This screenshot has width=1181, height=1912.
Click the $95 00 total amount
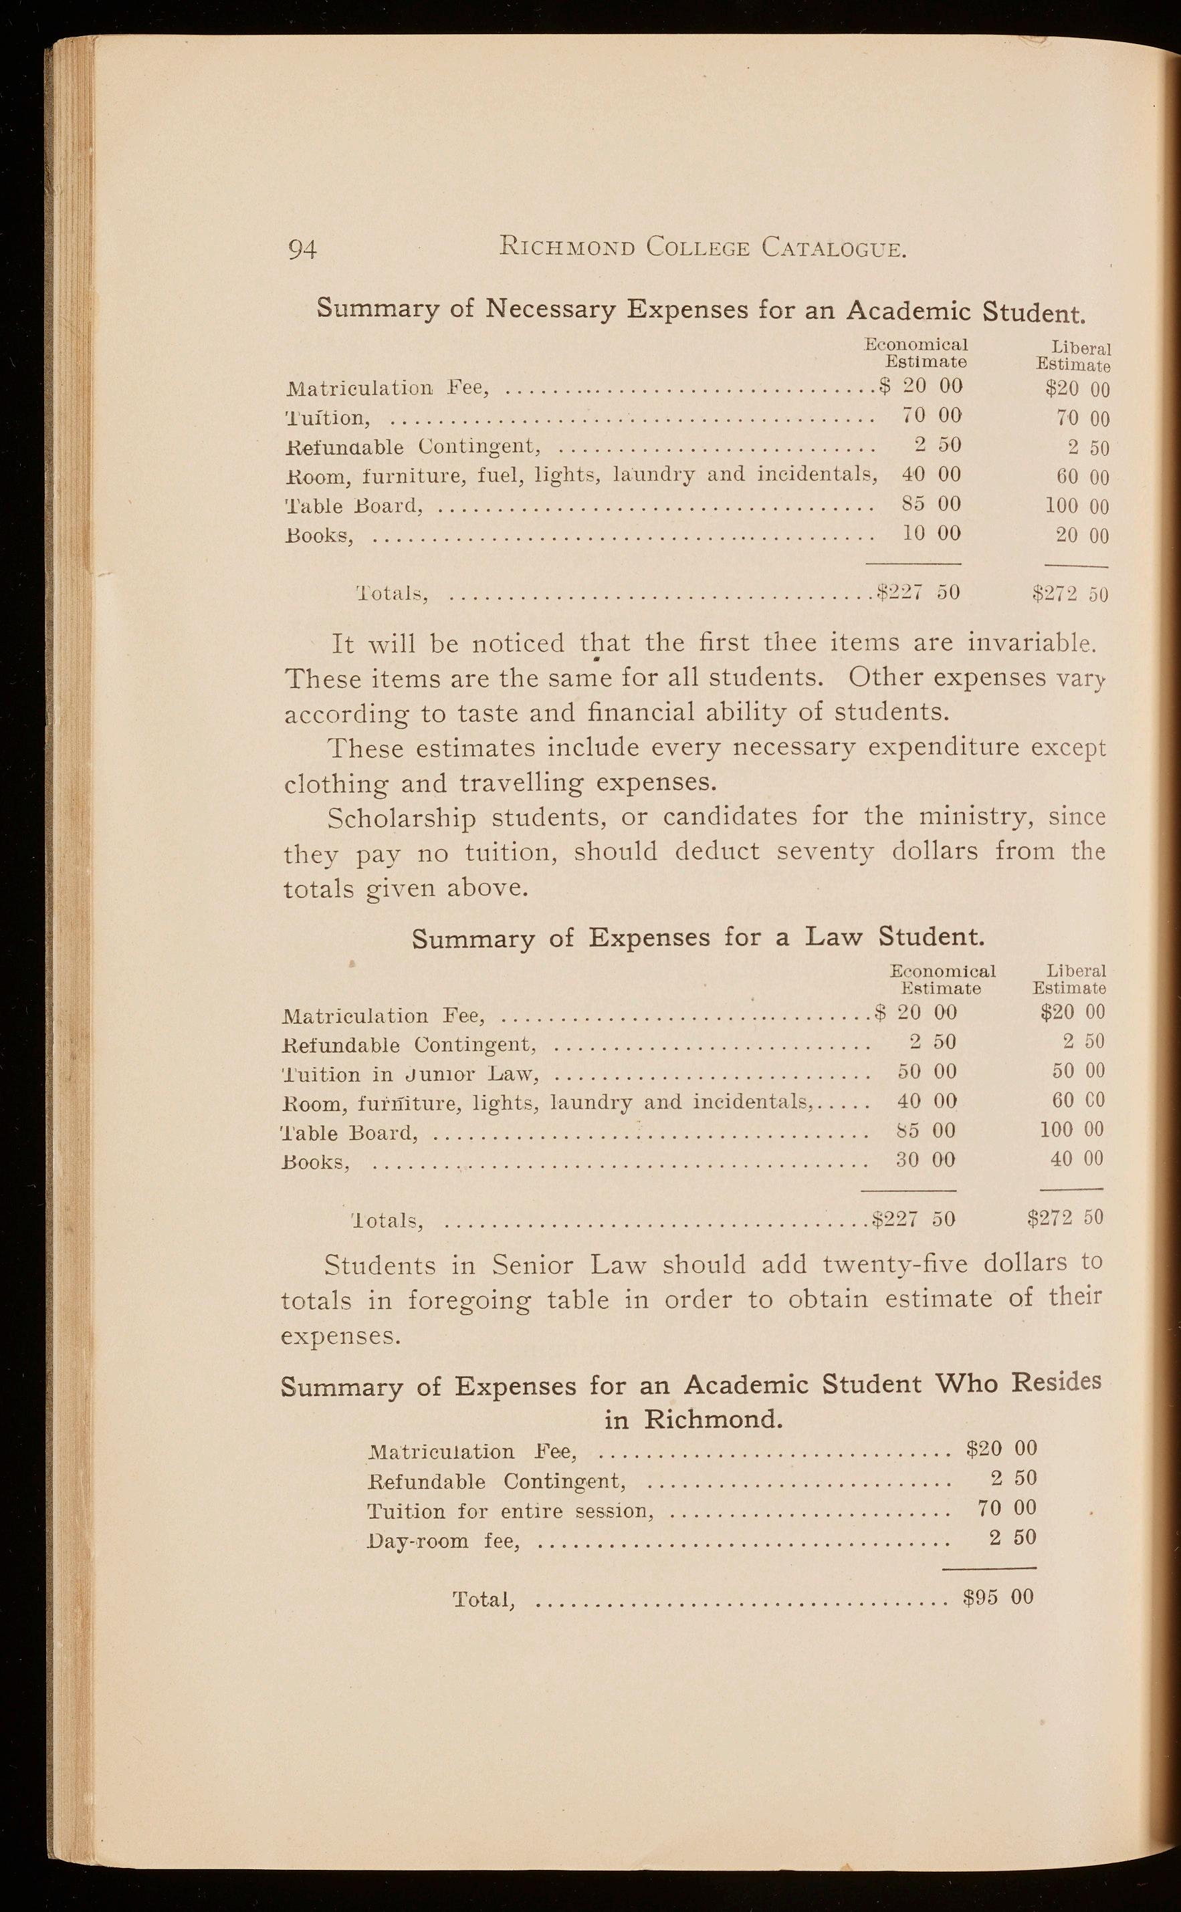(998, 1596)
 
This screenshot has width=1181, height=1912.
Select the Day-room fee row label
(443, 1540)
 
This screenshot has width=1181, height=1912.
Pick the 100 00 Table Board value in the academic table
(1077, 506)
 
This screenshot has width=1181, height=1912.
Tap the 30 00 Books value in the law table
(926, 1159)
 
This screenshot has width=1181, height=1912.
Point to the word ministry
(975, 817)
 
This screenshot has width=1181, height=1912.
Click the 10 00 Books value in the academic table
(931, 533)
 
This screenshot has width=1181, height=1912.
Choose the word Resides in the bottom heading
(1055, 1382)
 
